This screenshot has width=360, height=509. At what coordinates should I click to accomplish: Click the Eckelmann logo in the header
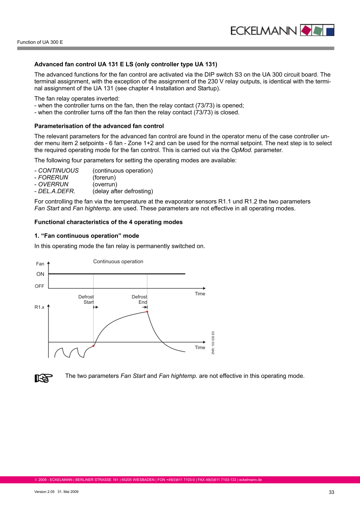pos(281,30)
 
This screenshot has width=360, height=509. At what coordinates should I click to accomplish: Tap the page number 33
pos(331,492)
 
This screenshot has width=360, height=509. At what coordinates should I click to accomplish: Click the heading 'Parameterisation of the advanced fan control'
pos(99,126)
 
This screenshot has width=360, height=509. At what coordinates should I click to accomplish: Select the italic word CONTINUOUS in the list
pos(58,170)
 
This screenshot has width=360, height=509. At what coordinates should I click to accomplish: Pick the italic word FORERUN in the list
pos(53,178)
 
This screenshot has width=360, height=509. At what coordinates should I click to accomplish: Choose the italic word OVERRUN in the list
pos(53,184)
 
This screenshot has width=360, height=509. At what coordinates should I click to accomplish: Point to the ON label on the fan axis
pos(40,274)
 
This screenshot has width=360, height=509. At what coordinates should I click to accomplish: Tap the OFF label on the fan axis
pos(40,286)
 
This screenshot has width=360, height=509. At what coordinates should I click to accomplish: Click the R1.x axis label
pos(39,307)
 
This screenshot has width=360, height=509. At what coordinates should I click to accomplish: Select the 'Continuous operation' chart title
pos(118,262)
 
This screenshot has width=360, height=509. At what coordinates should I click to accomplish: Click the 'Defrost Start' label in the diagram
pos(86,300)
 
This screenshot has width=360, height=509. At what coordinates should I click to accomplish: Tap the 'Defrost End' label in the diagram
pos(139,300)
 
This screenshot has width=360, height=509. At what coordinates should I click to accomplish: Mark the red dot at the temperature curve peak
pos(147,312)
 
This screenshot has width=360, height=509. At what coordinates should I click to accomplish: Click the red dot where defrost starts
pos(94,346)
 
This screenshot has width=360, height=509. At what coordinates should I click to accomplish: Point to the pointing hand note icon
pos(43,377)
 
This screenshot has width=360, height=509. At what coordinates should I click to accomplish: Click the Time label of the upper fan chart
pos(200,294)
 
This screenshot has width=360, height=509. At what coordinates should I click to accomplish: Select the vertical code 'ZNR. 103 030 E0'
pos(213,343)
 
